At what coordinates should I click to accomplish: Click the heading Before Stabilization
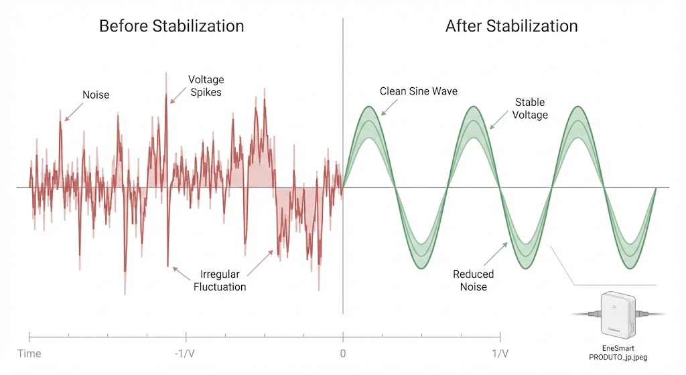point(171,27)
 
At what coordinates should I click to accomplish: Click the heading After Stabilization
point(511,27)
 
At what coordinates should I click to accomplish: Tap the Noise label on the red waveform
point(96,95)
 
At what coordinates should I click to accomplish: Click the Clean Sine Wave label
point(419,91)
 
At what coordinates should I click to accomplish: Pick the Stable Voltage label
point(530,109)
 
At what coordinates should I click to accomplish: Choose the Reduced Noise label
point(473,280)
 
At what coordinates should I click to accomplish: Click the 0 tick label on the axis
point(343,354)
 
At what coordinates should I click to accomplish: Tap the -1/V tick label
point(185,354)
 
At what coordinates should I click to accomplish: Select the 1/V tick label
point(500,354)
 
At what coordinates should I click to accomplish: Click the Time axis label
point(29,354)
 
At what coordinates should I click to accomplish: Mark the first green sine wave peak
point(368,107)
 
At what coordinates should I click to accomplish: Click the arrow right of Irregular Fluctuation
point(260,263)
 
